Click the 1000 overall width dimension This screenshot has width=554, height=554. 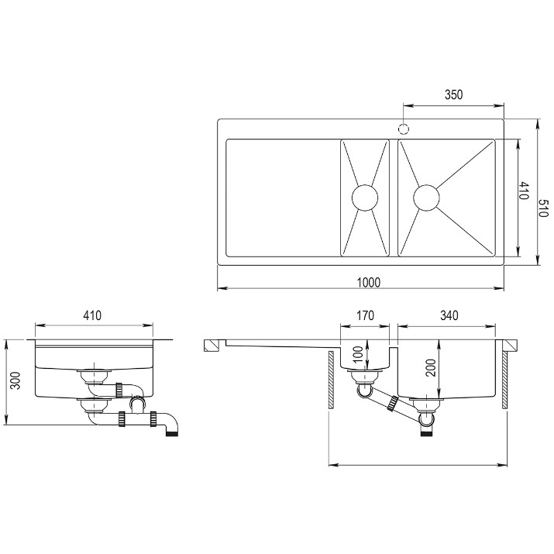coord(369,282)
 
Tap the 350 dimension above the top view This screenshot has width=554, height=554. coord(453,95)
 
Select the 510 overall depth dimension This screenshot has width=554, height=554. coord(543,208)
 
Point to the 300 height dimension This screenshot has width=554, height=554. coord(15,380)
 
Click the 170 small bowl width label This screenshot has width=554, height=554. coord(365,315)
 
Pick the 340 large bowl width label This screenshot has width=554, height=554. coord(449,315)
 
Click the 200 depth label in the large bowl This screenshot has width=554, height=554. coord(430,367)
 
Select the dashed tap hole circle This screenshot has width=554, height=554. coord(404,129)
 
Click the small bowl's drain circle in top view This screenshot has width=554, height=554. coord(365,198)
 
